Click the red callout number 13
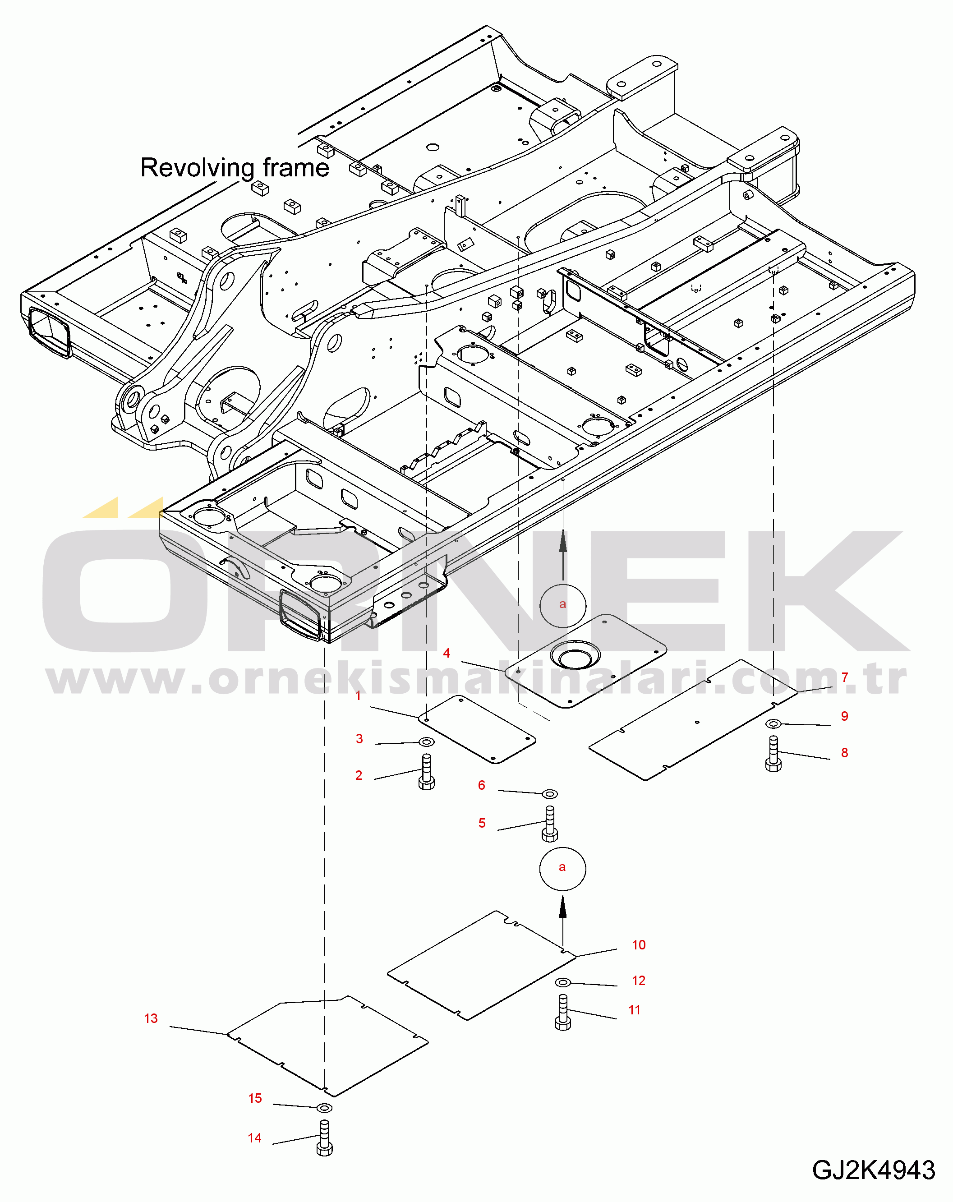coord(151,1018)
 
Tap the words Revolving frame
coord(235,167)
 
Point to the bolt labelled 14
coord(325,1138)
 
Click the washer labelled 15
coord(324,1107)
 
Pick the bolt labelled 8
coord(773,754)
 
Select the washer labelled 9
coord(773,723)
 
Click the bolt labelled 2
coord(427,772)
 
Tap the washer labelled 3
coord(427,742)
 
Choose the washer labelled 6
coord(550,793)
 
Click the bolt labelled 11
coord(563,1012)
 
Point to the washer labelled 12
coord(563,982)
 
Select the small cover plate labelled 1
coord(477,730)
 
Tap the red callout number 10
coord(639,945)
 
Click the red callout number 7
coord(845,677)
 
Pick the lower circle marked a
coord(563,869)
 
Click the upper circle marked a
coord(563,605)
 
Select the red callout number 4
coord(446,653)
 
